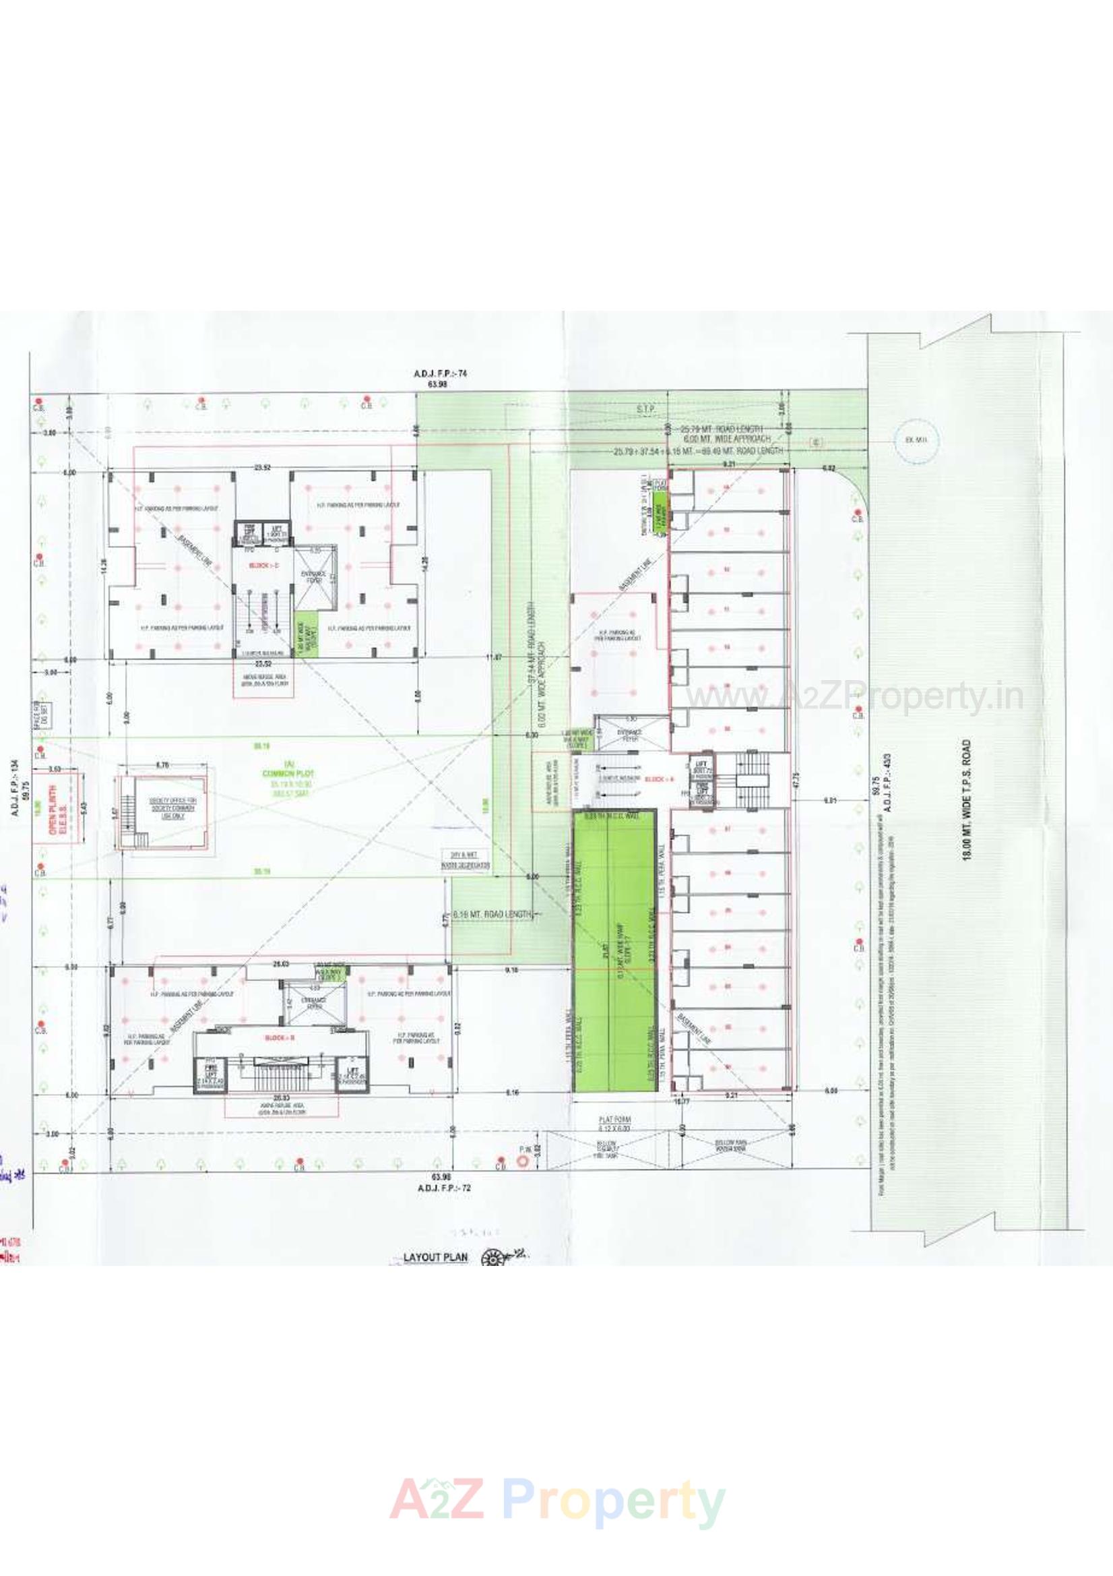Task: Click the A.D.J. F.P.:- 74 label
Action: point(436,374)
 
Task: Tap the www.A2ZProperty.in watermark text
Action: point(855,697)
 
